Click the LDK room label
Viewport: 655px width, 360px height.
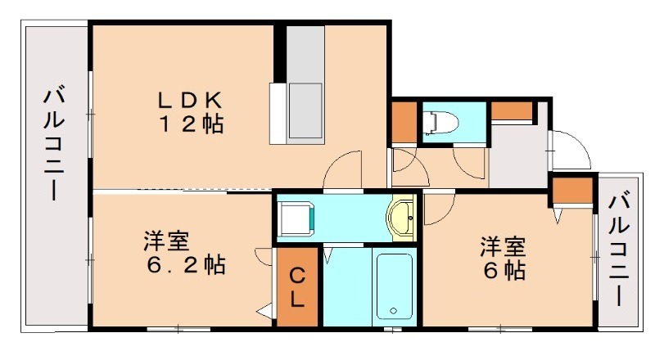[190, 100]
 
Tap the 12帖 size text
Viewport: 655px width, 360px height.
[190, 125]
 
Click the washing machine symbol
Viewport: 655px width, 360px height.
[293, 218]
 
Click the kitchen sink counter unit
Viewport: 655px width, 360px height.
[305, 86]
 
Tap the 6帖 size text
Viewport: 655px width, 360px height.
[502, 270]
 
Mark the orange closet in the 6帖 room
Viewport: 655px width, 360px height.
[571, 193]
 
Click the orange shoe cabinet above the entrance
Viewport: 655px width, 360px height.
[512, 111]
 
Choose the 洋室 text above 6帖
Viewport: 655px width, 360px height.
[502, 246]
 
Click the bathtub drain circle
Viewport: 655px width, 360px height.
[394, 311]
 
